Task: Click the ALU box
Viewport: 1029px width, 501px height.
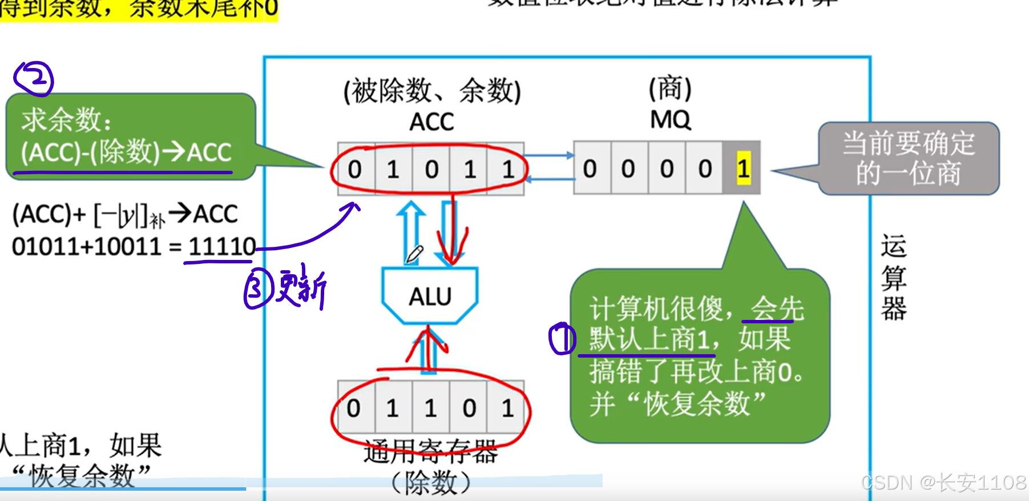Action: (430, 296)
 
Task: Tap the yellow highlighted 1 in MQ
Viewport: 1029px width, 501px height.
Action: (743, 169)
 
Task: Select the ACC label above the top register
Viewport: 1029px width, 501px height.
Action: (431, 122)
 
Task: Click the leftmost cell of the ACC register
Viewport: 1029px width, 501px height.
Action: (355, 169)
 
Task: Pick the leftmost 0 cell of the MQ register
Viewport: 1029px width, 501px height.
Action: (591, 169)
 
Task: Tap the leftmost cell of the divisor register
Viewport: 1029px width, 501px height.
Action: (354, 408)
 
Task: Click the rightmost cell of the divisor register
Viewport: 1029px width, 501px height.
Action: (507, 408)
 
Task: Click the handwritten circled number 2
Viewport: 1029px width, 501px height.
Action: (34, 78)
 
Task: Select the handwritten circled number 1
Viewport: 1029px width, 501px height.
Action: (562, 338)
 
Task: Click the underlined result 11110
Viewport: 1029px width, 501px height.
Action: (221, 247)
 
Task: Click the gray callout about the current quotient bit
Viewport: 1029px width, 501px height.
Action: (908, 158)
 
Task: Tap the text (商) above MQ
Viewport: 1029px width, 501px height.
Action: (670, 89)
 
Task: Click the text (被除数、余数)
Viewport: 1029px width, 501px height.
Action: (432, 91)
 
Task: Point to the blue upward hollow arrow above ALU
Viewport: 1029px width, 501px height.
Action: (411, 229)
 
